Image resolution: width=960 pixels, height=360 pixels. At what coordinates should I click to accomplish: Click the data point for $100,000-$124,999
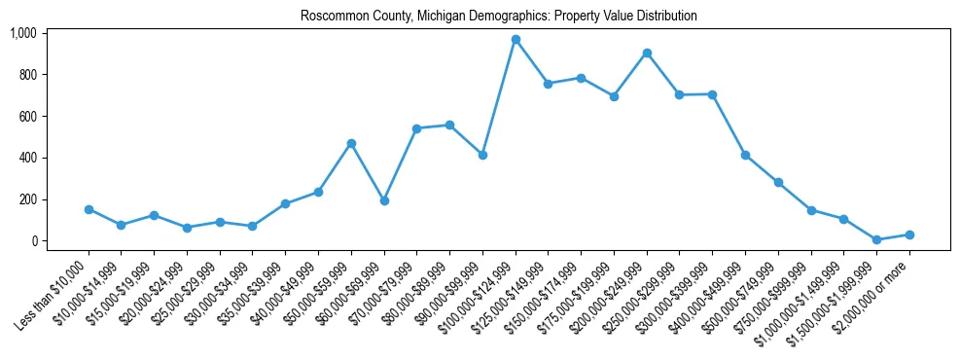coord(516,40)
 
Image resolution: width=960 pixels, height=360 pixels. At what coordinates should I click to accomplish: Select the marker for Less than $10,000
coord(89,209)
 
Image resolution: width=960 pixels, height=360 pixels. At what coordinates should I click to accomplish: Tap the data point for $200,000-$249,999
coord(647,53)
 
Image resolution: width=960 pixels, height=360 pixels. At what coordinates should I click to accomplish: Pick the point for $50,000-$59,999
coord(351,144)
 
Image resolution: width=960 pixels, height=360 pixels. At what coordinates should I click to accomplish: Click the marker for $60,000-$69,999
coord(384,200)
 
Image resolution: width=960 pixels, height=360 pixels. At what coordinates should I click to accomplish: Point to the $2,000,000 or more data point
coord(909,234)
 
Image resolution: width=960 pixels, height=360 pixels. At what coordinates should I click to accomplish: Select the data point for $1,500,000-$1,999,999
coord(876,239)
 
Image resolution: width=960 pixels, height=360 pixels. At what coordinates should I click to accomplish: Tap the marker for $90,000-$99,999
coord(482,155)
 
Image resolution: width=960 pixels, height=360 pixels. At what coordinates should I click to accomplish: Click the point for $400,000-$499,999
coord(745,155)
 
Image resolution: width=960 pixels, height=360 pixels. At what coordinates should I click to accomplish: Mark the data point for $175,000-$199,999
coord(614,96)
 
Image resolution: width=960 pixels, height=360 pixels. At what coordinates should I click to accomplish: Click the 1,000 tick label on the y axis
coord(22,33)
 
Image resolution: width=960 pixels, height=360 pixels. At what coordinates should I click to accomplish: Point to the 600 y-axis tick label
coord(26,117)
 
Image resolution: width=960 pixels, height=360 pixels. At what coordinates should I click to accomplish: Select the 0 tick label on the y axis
coord(34,241)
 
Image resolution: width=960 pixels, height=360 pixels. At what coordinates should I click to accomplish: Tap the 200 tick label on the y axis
coord(26,199)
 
